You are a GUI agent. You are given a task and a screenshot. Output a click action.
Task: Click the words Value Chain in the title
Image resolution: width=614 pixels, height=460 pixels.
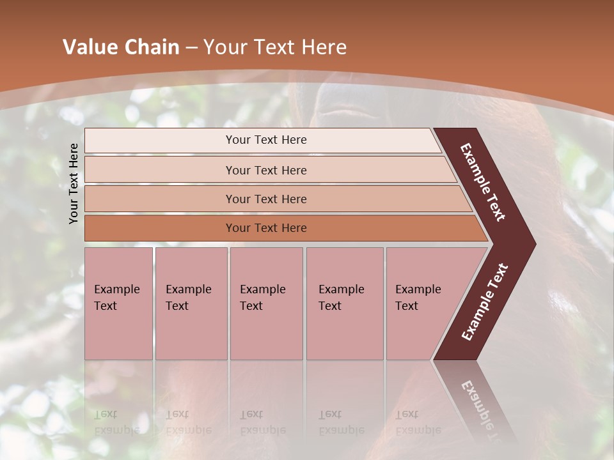coord(121,47)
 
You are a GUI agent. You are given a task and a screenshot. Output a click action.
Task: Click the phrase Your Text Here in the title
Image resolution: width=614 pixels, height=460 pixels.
coord(275,47)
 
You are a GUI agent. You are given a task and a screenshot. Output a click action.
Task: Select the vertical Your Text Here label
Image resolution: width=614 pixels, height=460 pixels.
coord(74,183)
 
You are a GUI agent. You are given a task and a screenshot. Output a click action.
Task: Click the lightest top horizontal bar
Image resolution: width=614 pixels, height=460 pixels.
coord(266,140)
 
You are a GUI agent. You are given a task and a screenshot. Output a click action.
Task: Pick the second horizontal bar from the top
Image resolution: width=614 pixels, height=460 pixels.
coord(266,170)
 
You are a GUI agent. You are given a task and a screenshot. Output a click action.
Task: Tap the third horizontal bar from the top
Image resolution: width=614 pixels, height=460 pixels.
coord(266,199)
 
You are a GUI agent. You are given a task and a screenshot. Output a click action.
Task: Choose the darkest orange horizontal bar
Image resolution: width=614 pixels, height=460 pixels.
coord(266,228)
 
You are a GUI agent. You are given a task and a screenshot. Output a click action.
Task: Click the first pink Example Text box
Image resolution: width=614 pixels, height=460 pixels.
coord(118,303)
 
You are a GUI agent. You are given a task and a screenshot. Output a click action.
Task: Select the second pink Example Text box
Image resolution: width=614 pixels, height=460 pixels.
coord(191,303)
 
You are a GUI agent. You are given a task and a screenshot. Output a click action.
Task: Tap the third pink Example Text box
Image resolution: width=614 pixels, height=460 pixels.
coord(265,303)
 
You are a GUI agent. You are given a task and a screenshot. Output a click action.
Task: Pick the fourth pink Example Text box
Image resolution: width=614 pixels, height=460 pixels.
coord(344,303)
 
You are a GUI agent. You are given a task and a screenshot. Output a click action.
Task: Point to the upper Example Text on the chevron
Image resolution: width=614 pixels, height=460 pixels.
coord(484,182)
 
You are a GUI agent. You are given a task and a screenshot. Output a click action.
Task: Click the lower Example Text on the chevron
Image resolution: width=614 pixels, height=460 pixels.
coord(485,302)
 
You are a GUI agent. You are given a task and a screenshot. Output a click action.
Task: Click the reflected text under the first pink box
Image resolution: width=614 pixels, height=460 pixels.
coord(116,422)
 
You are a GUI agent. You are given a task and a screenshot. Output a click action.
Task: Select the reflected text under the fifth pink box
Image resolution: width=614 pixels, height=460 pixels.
coord(418,422)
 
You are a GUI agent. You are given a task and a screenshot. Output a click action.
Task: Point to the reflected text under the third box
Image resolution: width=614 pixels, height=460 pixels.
coord(262,422)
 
